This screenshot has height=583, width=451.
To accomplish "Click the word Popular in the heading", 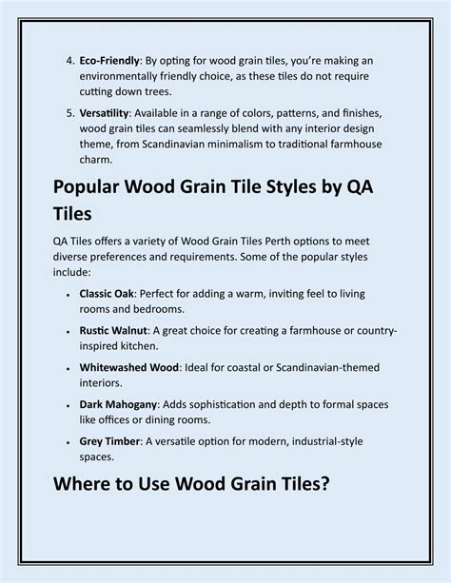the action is [98, 189].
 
